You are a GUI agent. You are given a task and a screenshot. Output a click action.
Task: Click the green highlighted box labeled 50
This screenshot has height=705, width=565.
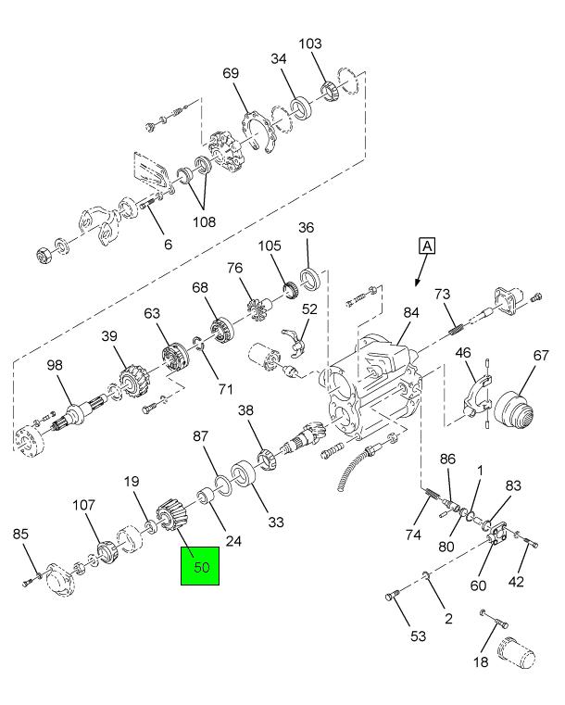click(199, 564)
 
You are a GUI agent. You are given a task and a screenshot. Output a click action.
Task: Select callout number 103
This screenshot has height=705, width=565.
click(310, 44)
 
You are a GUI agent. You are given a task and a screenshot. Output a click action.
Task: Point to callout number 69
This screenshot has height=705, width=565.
click(232, 73)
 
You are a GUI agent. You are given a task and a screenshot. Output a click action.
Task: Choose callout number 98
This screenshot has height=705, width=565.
click(55, 365)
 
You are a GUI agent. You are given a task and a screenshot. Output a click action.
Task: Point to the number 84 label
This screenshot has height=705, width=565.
click(410, 313)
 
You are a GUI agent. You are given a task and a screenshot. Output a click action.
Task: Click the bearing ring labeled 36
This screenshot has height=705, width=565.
click(308, 278)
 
